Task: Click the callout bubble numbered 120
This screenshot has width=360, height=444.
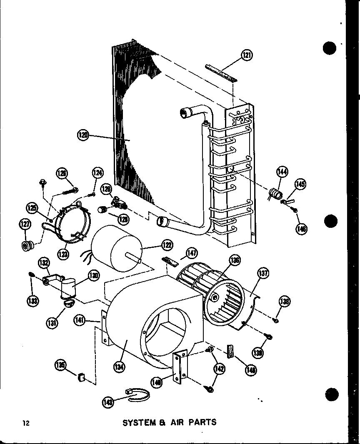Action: click(x=83, y=135)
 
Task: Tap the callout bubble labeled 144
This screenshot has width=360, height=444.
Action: click(x=283, y=171)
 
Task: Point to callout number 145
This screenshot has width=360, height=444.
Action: click(x=300, y=185)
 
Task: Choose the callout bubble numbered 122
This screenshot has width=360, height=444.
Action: click(x=167, y=246)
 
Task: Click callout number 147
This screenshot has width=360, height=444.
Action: click(x=192, y=252)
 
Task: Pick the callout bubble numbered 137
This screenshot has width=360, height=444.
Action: click(x=263, y=274)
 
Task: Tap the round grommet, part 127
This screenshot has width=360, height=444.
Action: click(x=28, y=246)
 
